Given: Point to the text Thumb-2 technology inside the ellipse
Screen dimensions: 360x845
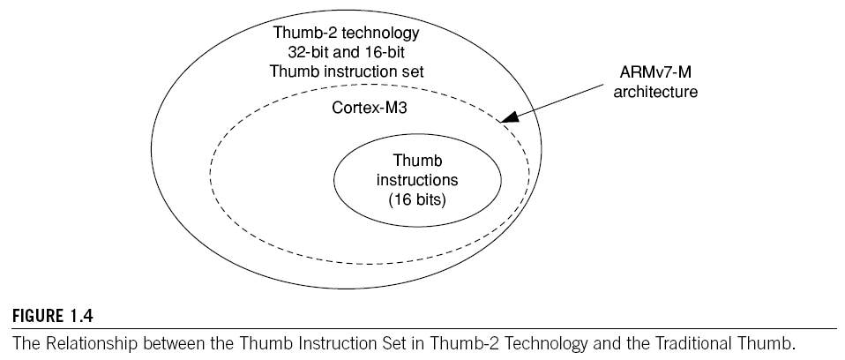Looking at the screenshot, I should click(x=347, y=34).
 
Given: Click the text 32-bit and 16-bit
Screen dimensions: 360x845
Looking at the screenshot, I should click(x=347, y=51).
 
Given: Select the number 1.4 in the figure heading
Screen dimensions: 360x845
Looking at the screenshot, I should click(x=73, y=317).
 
